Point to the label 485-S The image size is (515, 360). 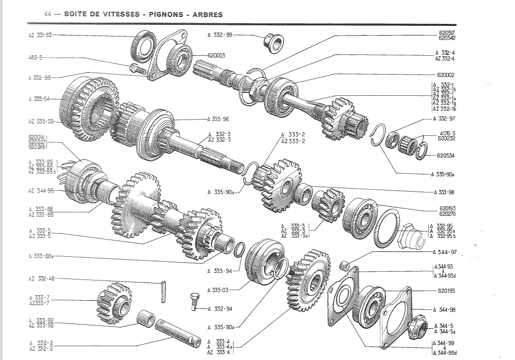[36, 57]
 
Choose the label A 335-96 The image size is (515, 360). [218, 119]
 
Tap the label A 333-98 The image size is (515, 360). [444, 192]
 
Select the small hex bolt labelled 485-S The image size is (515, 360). [135, 68]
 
